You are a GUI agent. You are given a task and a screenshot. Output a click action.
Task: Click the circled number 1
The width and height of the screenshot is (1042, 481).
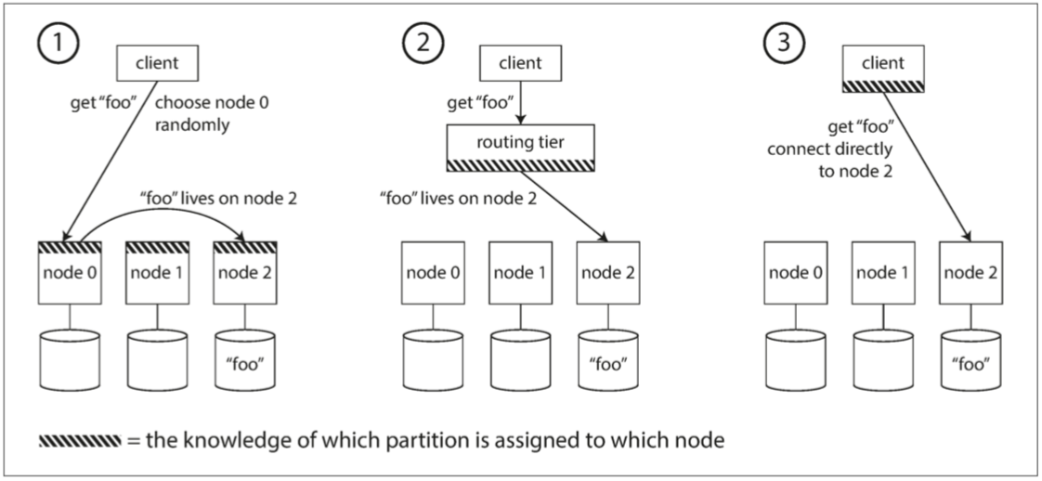pos(58,43)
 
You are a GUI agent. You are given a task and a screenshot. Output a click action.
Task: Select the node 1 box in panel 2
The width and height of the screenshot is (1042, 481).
pos(522,272)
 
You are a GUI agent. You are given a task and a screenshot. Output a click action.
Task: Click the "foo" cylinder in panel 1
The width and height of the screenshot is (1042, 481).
pos(245,357)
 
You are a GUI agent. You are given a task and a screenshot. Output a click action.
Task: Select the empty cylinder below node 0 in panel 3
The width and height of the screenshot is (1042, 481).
pos(795,357)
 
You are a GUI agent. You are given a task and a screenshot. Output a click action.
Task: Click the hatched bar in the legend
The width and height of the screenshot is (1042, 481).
pos(80,439)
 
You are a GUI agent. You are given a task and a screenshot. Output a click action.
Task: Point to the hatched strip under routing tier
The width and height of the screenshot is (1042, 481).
pos(519,165)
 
